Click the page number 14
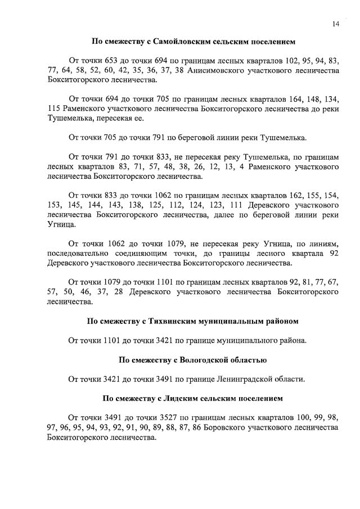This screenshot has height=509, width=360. (x=335, y=24)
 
